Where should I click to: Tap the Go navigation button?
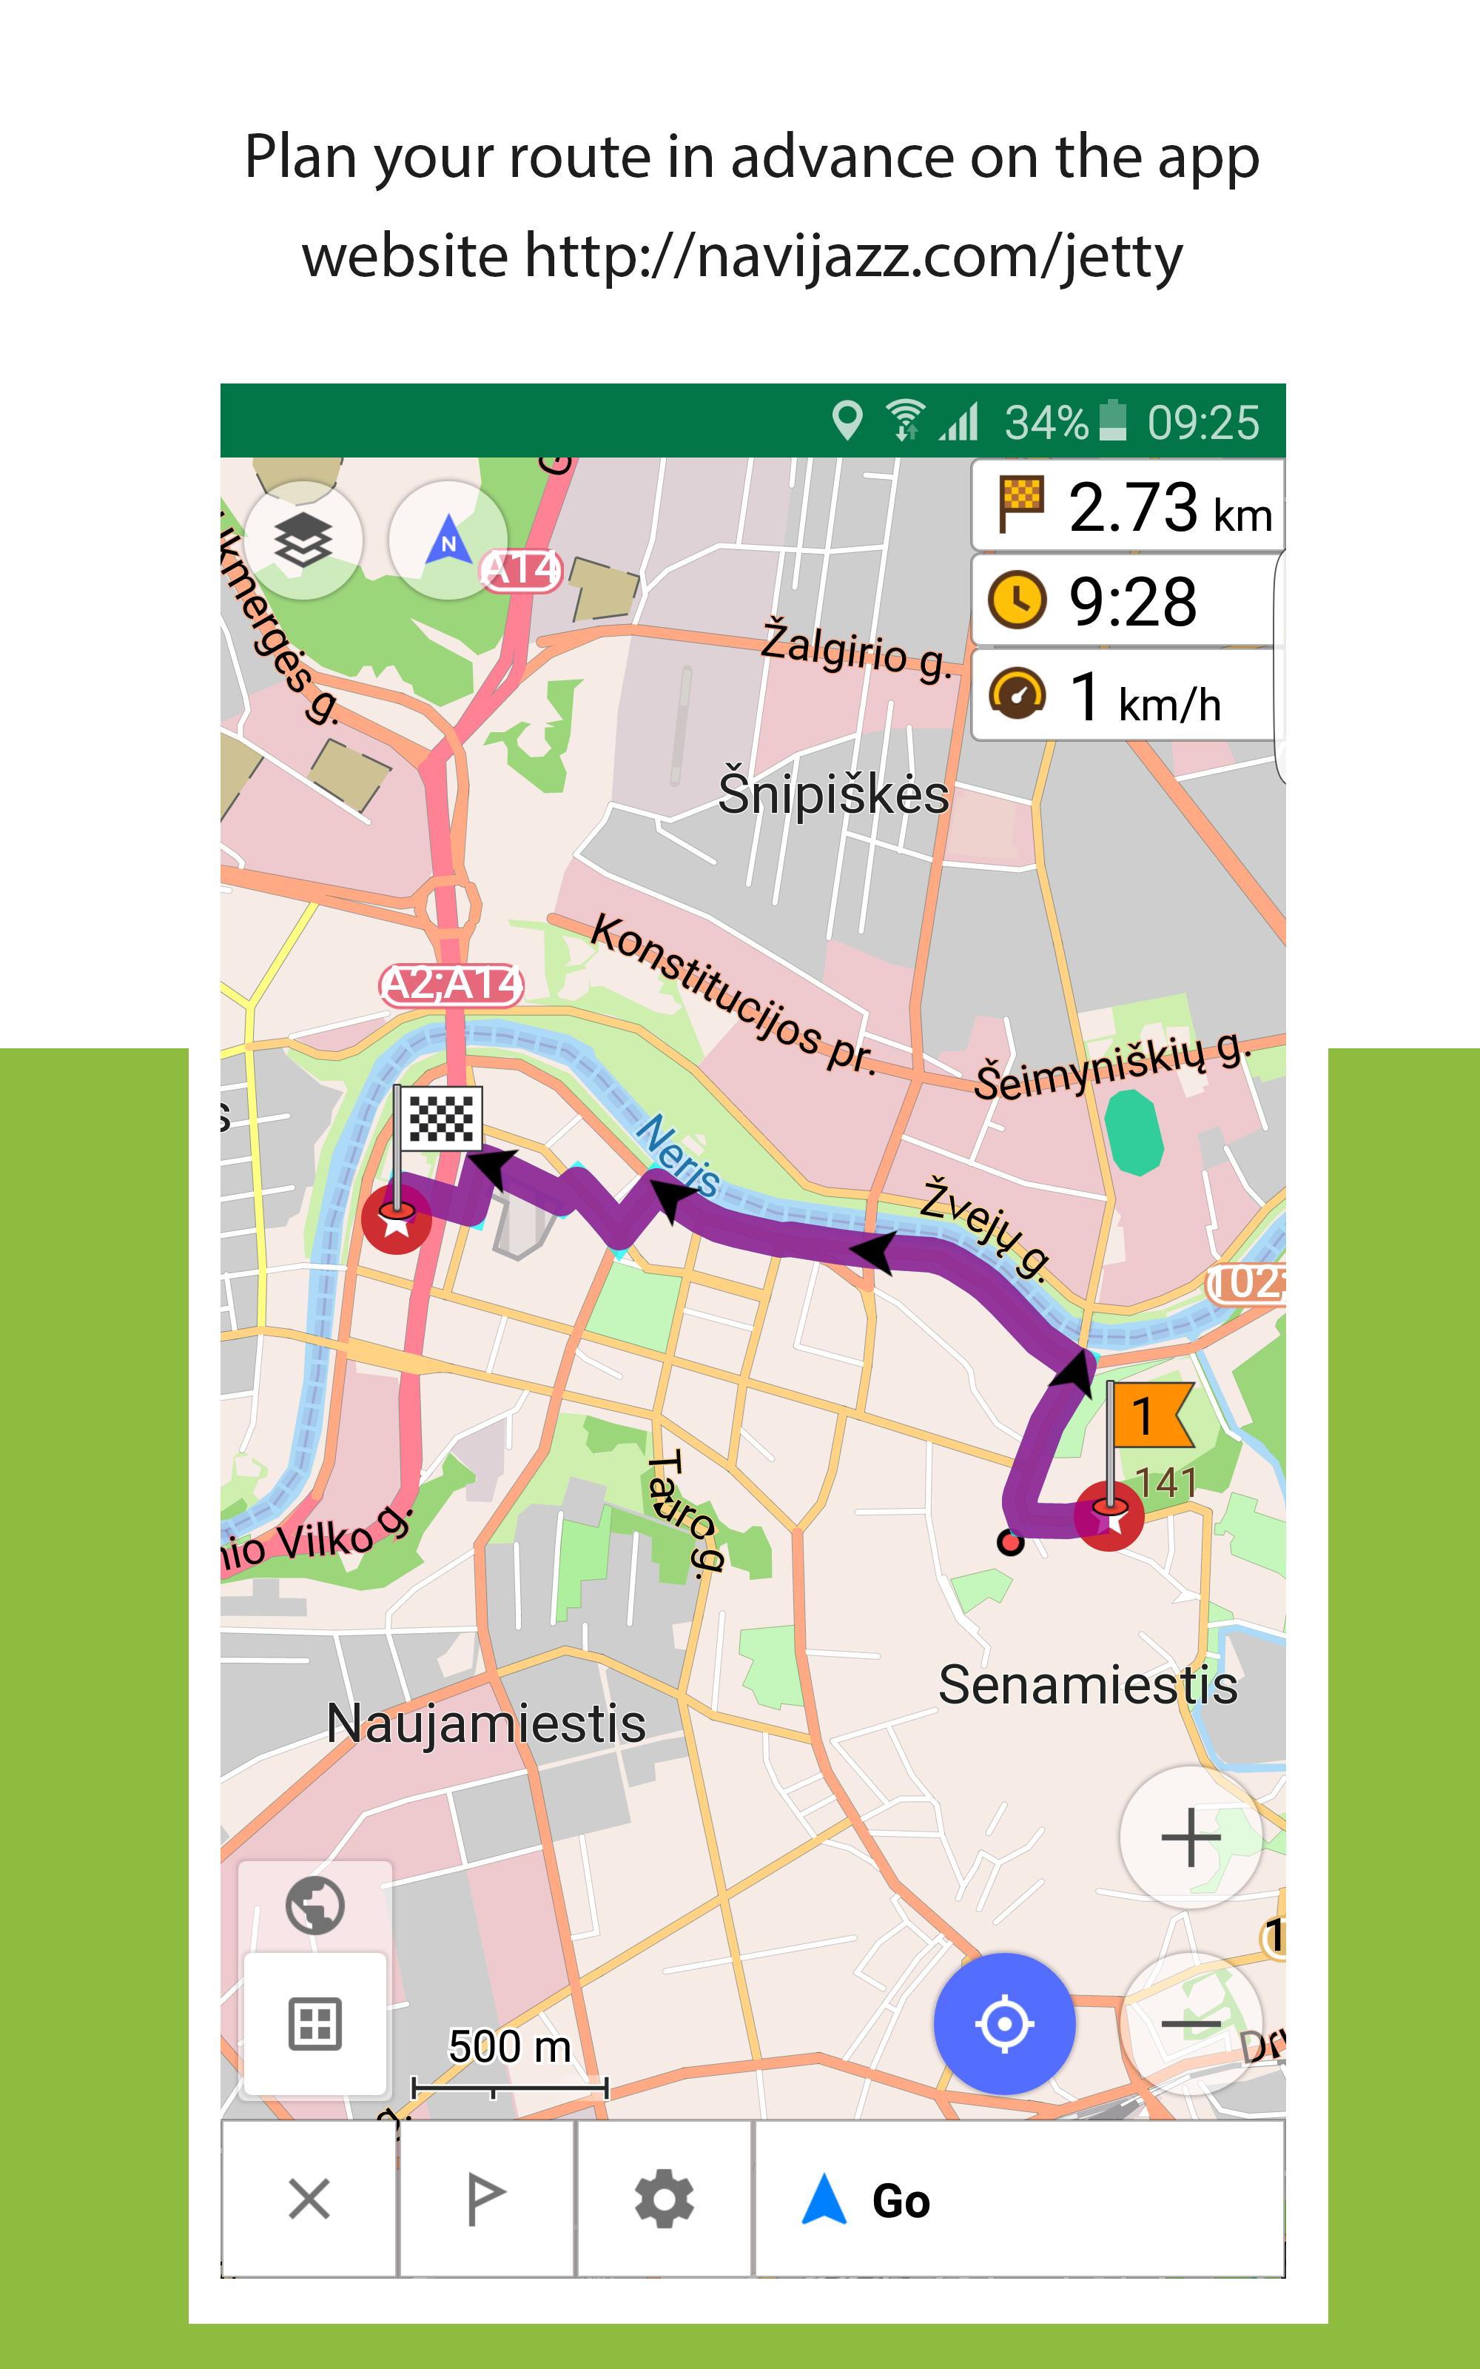click(x=1018, y=2199)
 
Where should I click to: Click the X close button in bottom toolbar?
click(x=309, y=2199)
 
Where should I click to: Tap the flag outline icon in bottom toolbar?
click(x=485, y=2199)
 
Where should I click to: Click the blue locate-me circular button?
click(x=1004, y=2023)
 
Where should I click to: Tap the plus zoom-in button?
click(x=1190, y=1837)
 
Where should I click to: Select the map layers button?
click(x=303, y=540)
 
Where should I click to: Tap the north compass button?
click(x=448, y=540)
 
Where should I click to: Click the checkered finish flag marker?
click(x=440, y=1119)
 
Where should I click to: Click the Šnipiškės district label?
click(x=833, y=794)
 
